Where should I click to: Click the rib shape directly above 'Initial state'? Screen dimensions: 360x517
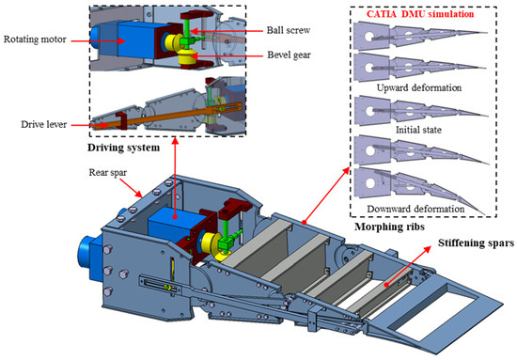tap(414, 112)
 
